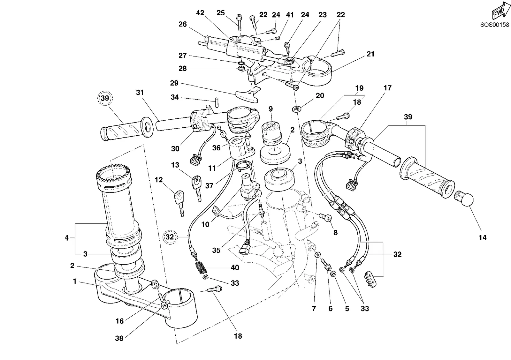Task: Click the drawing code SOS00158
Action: coord(495,25)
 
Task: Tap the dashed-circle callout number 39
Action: coord(105,98)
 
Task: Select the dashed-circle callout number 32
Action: coord(170,237)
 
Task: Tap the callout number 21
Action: coord(370,54)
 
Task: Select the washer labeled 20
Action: coord(296,109)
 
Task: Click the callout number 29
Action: coord(174,83)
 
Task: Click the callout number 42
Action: coord(200,13)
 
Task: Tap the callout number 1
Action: coord(75,281)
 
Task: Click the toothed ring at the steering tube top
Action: coord(114,177)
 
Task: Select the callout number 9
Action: coord(271,109)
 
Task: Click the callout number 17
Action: coord(388,88)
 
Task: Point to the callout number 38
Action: coord(119,338)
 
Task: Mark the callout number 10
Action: coord(205,225)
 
